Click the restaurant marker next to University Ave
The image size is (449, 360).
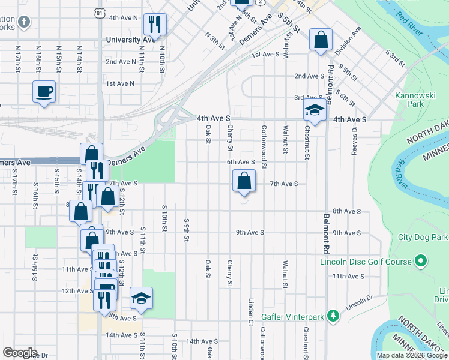pos(155,25)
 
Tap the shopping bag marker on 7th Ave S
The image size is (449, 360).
pos(244,181)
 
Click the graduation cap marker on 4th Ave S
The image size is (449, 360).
pos(315,110)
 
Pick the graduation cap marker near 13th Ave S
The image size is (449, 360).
pos(141,298)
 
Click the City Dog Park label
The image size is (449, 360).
pos(423,237)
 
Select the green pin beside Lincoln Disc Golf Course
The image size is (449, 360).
pos(421,261)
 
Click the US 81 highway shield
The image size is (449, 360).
pos(99,13)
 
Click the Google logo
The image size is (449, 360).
pos(20,352)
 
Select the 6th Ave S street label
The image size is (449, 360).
pos(241,162)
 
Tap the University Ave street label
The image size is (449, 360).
pos(130,40)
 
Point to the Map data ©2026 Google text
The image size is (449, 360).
pos(411,355)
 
